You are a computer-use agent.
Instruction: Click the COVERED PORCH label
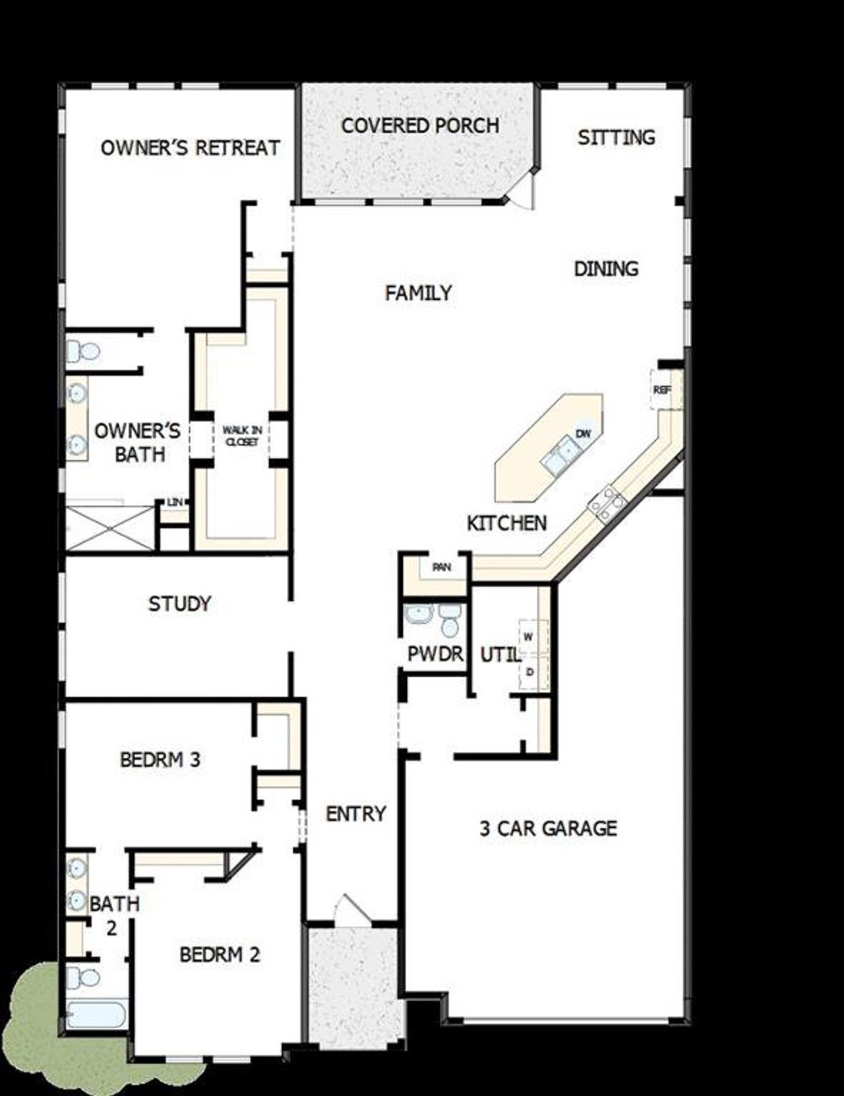420,125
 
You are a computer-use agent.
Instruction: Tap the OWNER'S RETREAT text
190,148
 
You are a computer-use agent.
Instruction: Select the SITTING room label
617,137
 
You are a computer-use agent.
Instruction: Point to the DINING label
606,269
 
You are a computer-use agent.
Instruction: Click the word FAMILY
418,293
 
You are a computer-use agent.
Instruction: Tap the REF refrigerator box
662,389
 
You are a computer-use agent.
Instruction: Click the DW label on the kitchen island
583,433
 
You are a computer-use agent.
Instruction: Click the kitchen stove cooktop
608,504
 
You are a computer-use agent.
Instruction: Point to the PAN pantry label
441,567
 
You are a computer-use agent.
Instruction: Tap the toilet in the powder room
450,620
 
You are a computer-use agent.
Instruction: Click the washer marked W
528,637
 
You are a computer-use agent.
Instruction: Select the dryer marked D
529,672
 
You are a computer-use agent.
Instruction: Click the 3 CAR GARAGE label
548,828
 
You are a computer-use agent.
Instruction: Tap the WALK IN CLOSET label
242,436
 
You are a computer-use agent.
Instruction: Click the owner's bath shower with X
109,528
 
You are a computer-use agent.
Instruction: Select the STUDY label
179,604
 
